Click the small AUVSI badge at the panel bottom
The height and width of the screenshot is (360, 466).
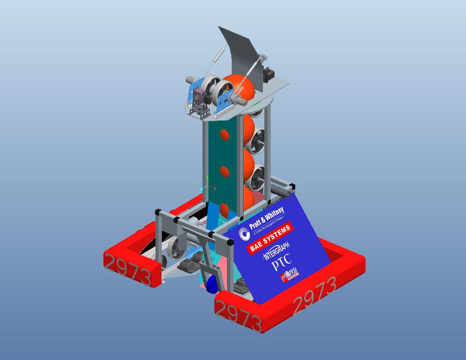pyautogui.click(x=291, y=275)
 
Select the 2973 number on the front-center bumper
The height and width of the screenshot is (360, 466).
pyautogui.click(x=238, y=316)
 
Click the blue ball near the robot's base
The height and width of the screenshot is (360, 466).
pyautogui.click(x=211, y=285)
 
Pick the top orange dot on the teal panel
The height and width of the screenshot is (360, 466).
pyautogui.click(x=225, y=135)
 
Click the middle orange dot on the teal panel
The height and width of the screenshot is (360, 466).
pyautogui.click(x=225, y=172)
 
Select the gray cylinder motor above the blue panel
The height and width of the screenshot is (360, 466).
pyautogui.click(x=283, y=191)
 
